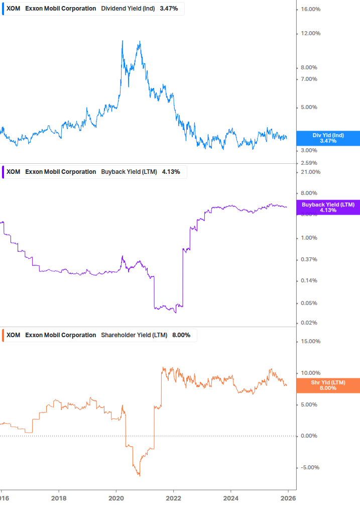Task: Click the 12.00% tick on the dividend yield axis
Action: pos(310,34)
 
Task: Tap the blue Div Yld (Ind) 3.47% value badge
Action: pos(328,138)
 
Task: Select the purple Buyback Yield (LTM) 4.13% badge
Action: pos(328,207)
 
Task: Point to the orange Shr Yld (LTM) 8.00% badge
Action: pos(328,385)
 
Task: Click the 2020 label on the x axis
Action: pos(116,498)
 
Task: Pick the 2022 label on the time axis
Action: pos(173,498)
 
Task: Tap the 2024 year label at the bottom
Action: pos(230,498)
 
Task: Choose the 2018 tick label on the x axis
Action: pos(59,498)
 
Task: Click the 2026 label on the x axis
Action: pos(288,498)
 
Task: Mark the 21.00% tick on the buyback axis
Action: pos(310,172)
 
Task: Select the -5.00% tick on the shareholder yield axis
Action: pos(309,468)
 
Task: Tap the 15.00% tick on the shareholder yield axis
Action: pos(310,342)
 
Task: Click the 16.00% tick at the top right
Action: pos(310,10)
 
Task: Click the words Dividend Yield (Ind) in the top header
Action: pos(128,9)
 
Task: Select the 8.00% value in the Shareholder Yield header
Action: pos(181,335)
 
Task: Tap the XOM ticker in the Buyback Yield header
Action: pos(14,172)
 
